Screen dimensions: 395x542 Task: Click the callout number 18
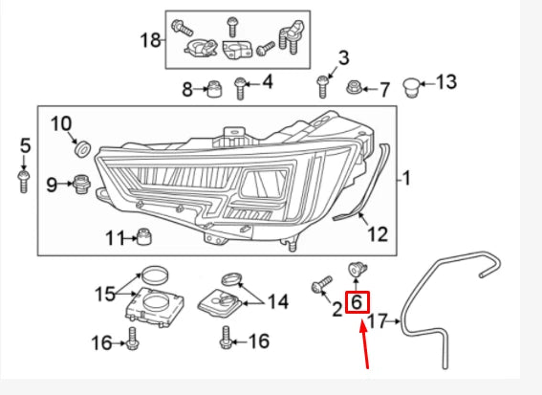tap(151, 40)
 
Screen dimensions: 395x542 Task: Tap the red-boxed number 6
tap(356, 303)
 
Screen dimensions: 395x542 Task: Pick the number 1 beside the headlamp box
tap(404, 178)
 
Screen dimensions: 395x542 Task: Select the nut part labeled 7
tap(354, 88)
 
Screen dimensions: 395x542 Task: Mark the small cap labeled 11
tap(143, 236)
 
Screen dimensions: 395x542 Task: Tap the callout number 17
tap(379, 321)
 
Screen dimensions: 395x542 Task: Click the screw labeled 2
tap(321, 284)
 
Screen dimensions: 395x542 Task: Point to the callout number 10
tap(60, 123)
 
